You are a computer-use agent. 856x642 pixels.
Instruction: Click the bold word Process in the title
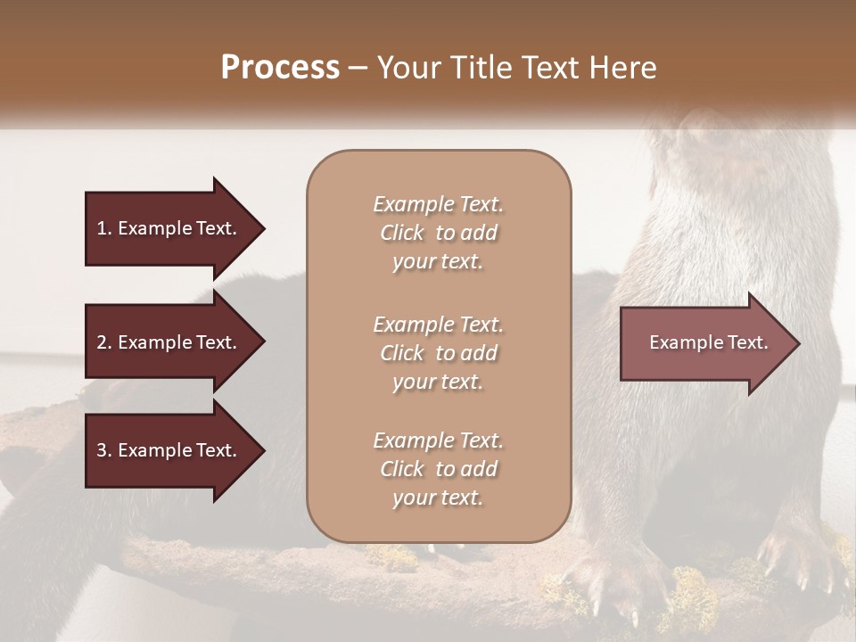coord(280,68)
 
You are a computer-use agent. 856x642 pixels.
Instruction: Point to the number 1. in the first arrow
coord(103,228)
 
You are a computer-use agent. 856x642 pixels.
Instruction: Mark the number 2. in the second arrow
coord(103,342)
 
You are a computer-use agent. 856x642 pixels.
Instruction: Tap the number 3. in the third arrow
coord(103,450)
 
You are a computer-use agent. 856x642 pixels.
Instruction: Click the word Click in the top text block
coord(402,234)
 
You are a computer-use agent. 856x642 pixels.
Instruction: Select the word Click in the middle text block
coord(402,353)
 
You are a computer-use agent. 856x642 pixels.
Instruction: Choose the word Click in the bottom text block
coord(402,469)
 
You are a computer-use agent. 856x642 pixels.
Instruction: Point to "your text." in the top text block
coord(438,262)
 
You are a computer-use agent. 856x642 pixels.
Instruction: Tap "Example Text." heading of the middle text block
coord(438,325)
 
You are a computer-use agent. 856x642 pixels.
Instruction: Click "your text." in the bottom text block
coord(438,498)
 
